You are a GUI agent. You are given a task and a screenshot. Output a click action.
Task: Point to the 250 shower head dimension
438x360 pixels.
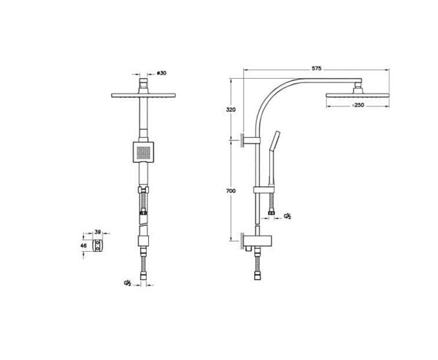358,106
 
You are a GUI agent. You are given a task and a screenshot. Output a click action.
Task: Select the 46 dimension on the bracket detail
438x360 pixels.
85,248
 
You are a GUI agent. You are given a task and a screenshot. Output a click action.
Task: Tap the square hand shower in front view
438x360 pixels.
145,152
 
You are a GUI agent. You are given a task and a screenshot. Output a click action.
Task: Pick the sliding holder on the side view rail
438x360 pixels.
258,191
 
